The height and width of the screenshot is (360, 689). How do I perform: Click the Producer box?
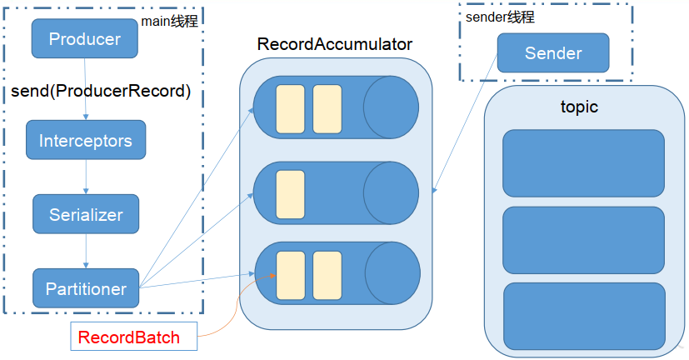84,38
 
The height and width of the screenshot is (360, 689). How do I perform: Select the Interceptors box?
86,141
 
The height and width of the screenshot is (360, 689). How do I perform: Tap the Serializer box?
86,214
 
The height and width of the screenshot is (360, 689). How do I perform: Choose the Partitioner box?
86,288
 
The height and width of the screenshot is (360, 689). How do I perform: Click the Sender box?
553,54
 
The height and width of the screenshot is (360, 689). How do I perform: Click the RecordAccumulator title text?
335,43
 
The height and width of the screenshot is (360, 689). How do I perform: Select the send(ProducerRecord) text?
102,91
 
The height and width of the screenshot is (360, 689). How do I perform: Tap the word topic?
580,107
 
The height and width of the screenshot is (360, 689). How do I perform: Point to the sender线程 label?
499,17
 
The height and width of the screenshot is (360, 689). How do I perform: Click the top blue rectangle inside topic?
583,162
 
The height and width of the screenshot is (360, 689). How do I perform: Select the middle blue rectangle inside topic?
583,240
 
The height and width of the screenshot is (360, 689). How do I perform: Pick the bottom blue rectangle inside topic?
583,316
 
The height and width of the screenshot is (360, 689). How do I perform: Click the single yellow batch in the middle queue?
290,194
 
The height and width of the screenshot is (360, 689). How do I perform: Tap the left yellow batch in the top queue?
290,109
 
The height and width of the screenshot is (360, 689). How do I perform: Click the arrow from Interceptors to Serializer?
86,177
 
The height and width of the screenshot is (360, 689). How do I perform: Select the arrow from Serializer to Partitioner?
86,251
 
